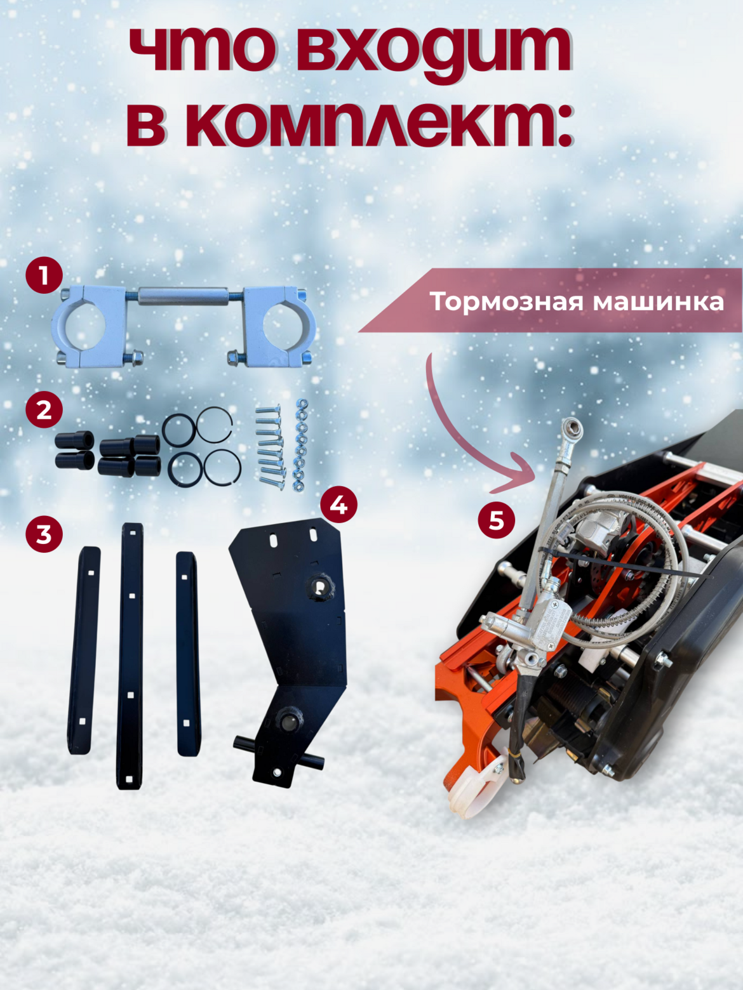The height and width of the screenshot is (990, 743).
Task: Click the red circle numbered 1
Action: [44, 275]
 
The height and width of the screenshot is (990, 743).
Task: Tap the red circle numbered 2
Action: [44, 410]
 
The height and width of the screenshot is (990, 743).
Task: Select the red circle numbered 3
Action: [44, 534]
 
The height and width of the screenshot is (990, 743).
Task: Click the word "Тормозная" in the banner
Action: [507, 301]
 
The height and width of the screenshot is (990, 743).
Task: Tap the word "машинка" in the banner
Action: [659, 302]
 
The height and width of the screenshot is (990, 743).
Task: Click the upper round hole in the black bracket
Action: [319, 587]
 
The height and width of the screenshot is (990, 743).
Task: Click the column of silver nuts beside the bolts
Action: [300, 444]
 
